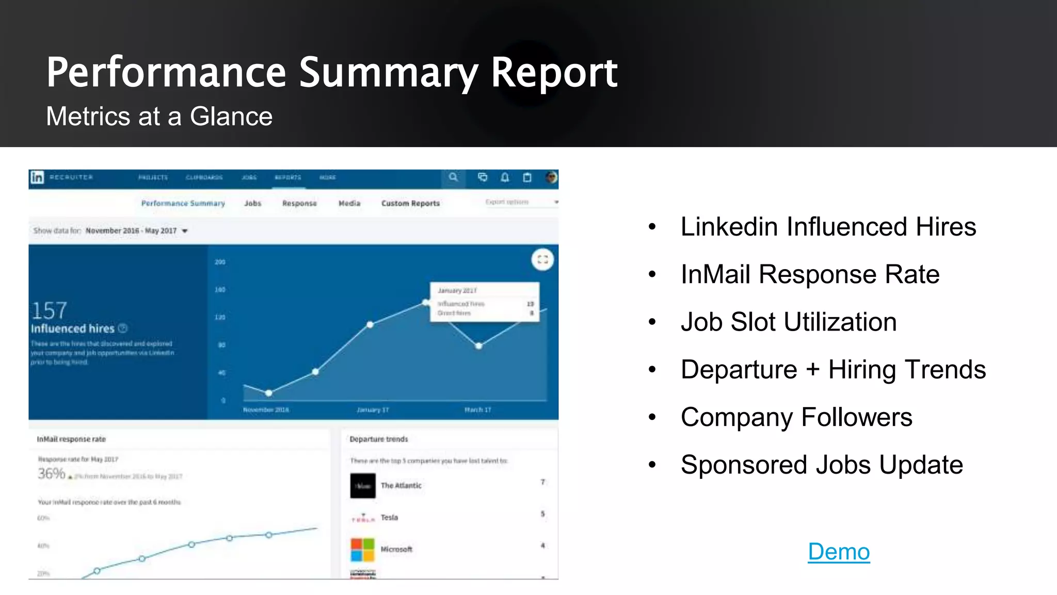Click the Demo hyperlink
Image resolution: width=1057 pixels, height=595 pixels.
point(839,552)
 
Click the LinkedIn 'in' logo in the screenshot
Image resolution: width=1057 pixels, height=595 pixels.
point(37,178)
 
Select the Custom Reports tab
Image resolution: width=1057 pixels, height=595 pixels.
point(410,203)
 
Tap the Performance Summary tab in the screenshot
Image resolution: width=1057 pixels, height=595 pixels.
point(183,203)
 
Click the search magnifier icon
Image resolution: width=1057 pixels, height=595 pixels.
point(453,178)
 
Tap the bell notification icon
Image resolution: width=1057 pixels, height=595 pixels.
point(505,178)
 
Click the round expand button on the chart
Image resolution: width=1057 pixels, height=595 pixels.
point(542,260)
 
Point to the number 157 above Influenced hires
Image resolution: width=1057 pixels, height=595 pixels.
point(49,310)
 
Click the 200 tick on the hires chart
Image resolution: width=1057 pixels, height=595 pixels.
point(220,262)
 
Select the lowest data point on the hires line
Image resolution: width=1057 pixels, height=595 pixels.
point(269,394)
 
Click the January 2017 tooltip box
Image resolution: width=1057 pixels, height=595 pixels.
point(485,302)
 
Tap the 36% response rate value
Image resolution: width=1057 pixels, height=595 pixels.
point(51,474)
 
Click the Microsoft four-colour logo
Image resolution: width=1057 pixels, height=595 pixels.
point(362,550)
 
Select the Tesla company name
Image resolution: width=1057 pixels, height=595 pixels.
point(389,518)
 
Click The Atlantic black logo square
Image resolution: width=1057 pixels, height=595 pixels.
point(363,486)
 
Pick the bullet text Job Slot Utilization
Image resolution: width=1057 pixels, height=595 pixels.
point(788,322)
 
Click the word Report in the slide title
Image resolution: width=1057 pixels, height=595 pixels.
point(554,72)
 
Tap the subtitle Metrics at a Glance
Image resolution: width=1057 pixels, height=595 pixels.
point(159,116)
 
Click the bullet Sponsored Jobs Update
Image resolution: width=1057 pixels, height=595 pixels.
point(821,465)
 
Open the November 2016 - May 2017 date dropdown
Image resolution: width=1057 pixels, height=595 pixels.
point(137,231)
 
